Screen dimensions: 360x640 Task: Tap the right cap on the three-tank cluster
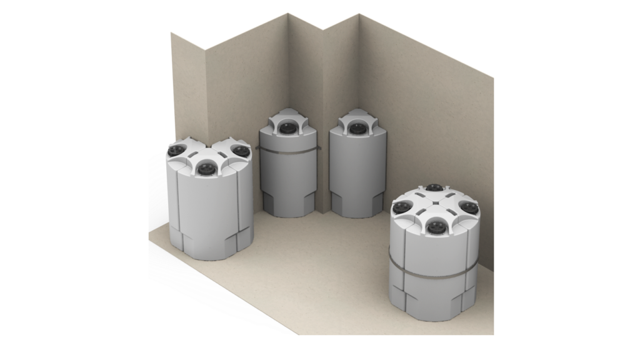(x=240, y=150)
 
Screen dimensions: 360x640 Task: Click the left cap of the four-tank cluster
(x=402, y=207)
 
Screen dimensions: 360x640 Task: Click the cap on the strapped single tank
(x=287, y=127)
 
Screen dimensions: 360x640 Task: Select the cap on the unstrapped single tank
(x=357, y=128)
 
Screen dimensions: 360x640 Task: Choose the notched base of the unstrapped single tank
(x=357, y=205)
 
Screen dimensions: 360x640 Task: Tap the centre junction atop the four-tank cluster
(x=436, y=206)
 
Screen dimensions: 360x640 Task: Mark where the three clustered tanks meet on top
(x=208, y=152)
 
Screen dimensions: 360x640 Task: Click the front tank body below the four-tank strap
(x=435, y=297)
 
